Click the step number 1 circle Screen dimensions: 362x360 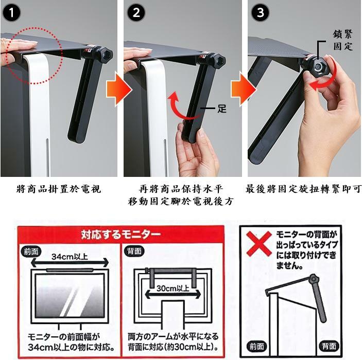point(11,13)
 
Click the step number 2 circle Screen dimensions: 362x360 point(136,13)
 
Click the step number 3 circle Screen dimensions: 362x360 point(260,12)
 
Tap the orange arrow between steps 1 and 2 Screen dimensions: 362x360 point(119,89)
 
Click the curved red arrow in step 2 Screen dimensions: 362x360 point(178,109)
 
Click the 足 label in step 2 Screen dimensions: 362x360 point(221,109)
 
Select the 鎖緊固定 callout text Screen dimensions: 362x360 point(343,40)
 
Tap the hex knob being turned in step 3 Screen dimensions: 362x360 point(319,67)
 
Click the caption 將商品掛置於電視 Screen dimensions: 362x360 point(59,189)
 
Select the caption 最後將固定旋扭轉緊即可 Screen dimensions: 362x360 point(303,189)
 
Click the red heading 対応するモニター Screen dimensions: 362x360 point(120,235)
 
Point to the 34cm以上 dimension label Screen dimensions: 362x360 point(70,257)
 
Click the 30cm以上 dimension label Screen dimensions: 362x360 point(173,289)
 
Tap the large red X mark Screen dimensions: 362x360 point(259,244)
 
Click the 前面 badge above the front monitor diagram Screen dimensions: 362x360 point(31,251)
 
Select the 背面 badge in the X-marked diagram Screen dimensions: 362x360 point(329,347)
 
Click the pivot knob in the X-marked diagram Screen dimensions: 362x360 point(313,279)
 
